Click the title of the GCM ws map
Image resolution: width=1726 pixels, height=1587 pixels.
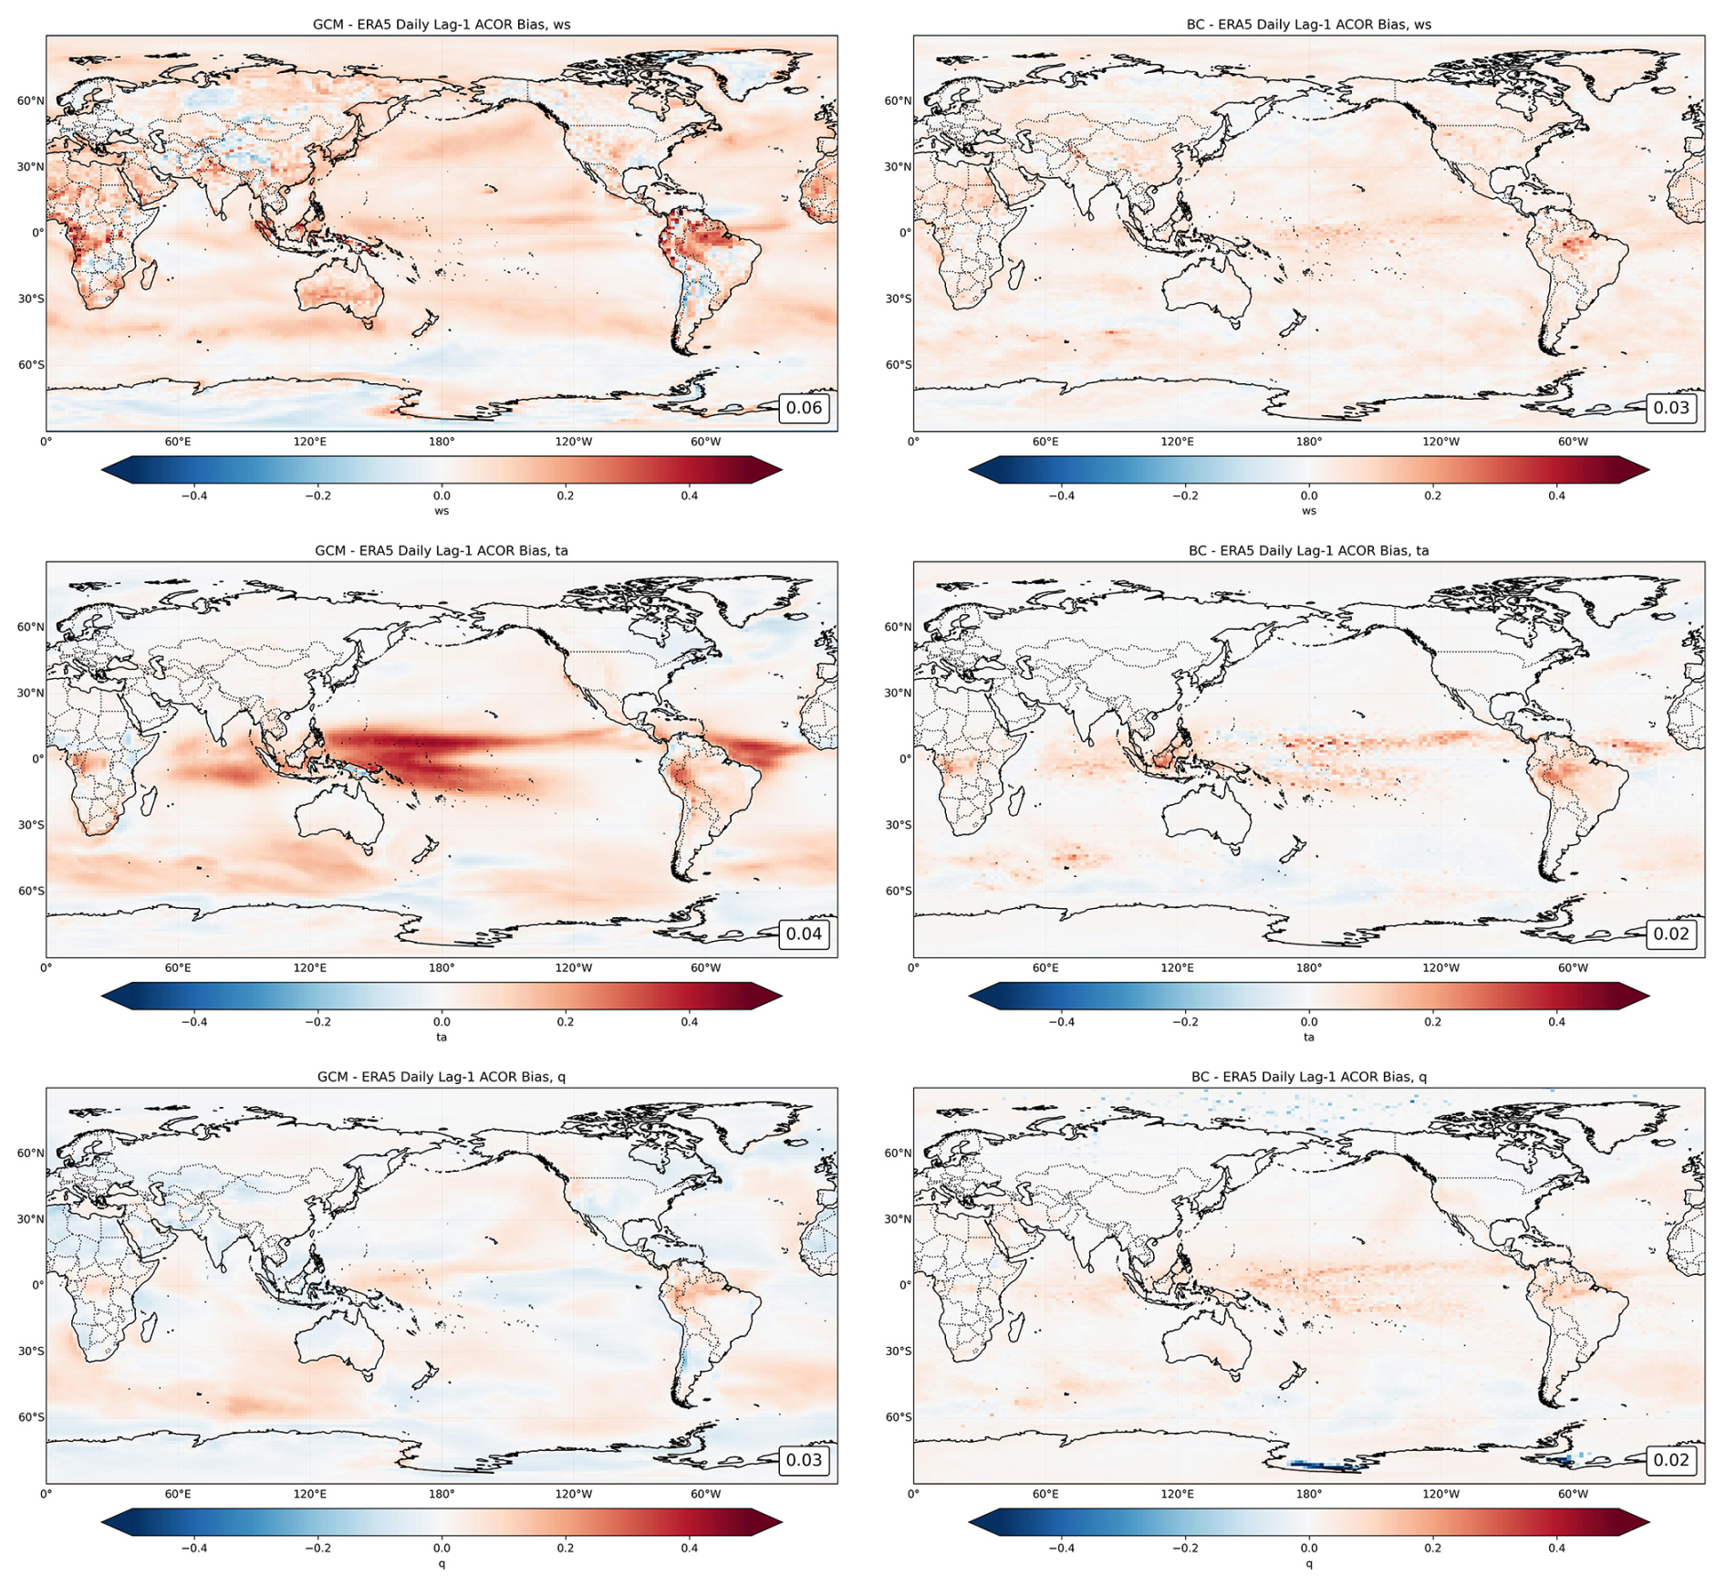(x=442, y=25)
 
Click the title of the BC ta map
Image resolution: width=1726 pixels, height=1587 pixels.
(x=1308, y=550)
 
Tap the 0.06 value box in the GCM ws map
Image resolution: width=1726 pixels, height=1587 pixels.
(x=804, y=408)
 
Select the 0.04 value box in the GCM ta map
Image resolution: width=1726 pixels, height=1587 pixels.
(x=804, y=934)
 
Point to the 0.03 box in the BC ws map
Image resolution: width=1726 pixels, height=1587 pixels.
(x=1671, y=408)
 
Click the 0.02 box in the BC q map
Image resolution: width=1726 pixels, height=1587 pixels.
(x=1671, y=1460)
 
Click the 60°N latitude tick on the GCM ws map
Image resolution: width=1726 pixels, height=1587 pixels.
(x=30, y=100)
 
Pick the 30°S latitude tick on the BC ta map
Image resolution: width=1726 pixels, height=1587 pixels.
(x=898, y=824)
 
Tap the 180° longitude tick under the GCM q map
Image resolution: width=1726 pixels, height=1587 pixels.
(x=442, y=1494)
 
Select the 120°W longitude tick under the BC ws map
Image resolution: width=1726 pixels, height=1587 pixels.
(x=1440, y=442)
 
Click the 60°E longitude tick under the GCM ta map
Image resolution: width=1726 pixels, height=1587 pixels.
(x=178, y=967)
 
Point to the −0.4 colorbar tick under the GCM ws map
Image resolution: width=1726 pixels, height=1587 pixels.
(x=193, y=496)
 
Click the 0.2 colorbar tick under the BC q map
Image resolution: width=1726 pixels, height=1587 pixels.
(x=1432, y=1548)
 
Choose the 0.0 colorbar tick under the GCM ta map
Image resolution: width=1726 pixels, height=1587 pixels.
(x=442, y=1022)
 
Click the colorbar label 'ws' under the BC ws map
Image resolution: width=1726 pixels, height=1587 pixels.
(x=1308, y=511)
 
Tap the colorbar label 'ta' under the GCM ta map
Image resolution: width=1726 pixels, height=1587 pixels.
(x=442, y=1037)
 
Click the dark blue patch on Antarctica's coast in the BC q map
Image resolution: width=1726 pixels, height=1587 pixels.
(x=1323, y=1466)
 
